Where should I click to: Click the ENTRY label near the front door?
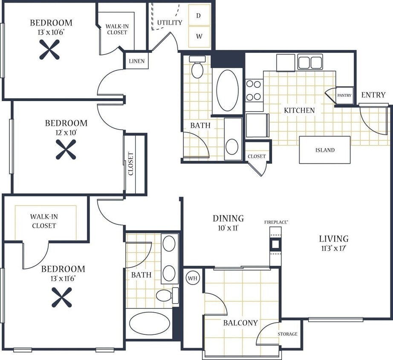tap(373, 95)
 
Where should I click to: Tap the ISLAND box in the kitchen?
tap(325, 150)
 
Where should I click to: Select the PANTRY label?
tap(344, 96)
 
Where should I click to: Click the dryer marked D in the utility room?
tap(199, 16)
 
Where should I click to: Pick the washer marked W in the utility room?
tap(199, 36)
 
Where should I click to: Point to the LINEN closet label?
tap(136, 61)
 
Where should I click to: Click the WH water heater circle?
tap(193, 279)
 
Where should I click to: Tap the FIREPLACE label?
tap(276, 222)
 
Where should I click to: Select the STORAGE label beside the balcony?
tap(288, 334)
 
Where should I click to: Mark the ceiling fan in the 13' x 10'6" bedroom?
tap(49, 49)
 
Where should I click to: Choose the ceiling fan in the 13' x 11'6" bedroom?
tap(61, 297)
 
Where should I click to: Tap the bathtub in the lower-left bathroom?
tap(149, 323)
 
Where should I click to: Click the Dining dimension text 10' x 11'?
tap(228, 228)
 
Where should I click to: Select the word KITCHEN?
tap(299, 110)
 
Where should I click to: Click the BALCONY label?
tap(240, 323)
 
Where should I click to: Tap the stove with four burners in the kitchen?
tap(254, 90)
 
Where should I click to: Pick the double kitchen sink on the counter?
tap(309, 62)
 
